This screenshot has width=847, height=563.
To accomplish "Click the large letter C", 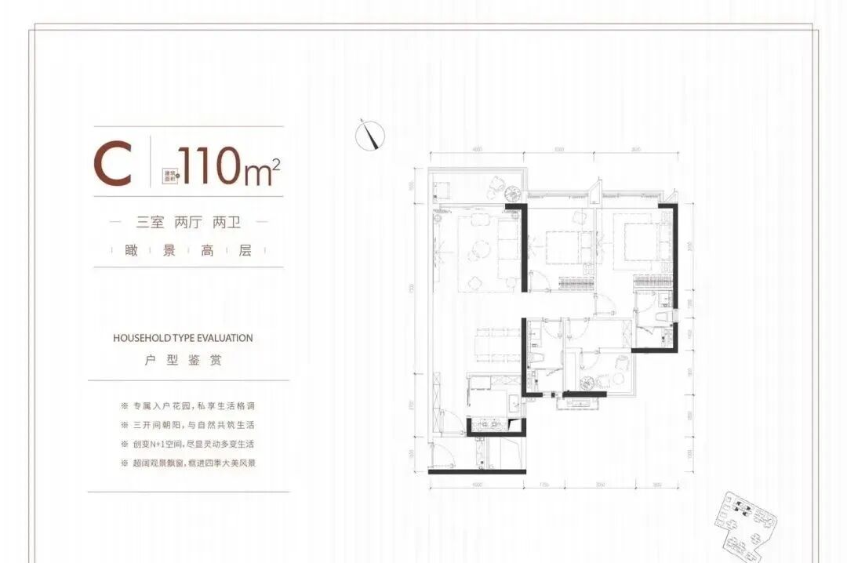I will click(x=113, y=165).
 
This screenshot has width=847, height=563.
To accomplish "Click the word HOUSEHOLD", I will click(x=142, y=338).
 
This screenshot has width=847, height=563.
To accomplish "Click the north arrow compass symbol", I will click(x=369, y=136).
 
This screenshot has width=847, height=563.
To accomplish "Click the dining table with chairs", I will click(x=496, y=344).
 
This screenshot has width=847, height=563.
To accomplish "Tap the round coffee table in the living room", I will click(x=476, y=252).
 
